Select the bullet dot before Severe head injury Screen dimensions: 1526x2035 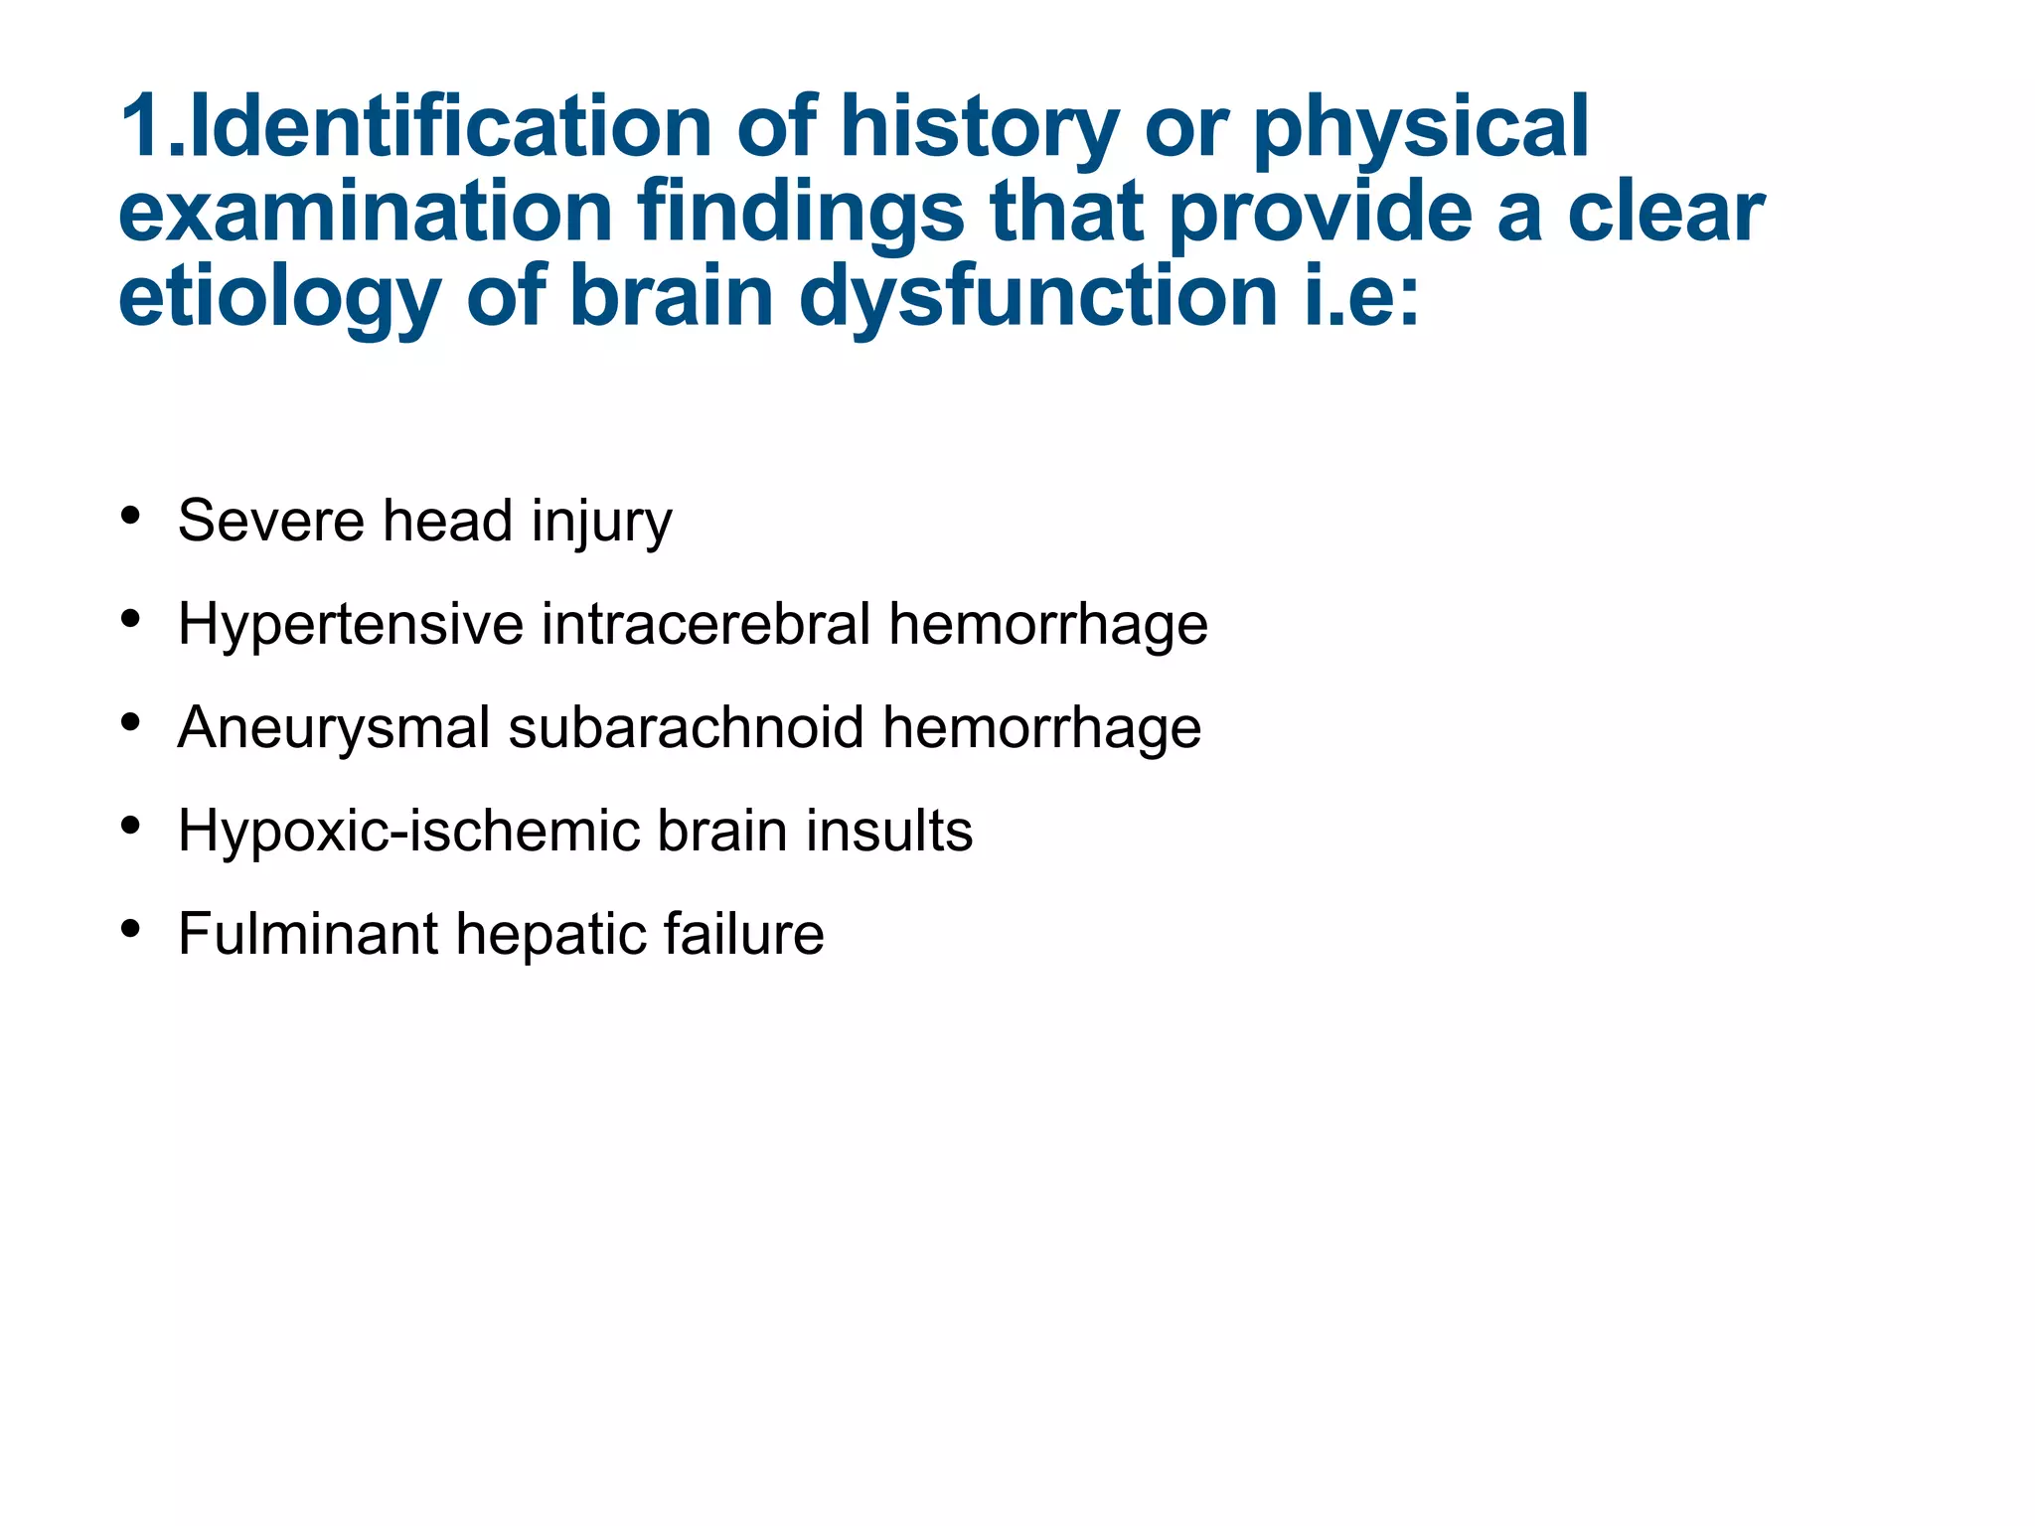pos(130,516)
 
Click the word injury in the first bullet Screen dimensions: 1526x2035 pos(601,523)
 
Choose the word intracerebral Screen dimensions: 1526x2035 pos(706,624)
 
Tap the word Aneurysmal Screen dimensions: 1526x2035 pos(334,727)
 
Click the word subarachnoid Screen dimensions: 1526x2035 pos(687,727)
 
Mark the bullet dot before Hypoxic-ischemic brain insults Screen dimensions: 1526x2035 pos(130,826)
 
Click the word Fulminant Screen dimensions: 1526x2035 pos(308,934)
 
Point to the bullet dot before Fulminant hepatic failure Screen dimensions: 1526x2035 pos(130,929)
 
